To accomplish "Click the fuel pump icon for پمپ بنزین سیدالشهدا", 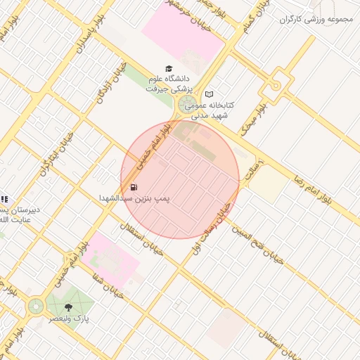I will [133, 187].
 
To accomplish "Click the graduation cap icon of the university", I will [168, 68].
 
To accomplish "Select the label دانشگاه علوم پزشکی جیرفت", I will [173, 84].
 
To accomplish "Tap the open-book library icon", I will [209, 94].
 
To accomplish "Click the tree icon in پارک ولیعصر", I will [67, 307].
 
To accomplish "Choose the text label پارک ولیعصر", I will [69, 319].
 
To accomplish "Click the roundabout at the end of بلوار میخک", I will [276, 85].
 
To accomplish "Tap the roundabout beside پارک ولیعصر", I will [35, 306].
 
